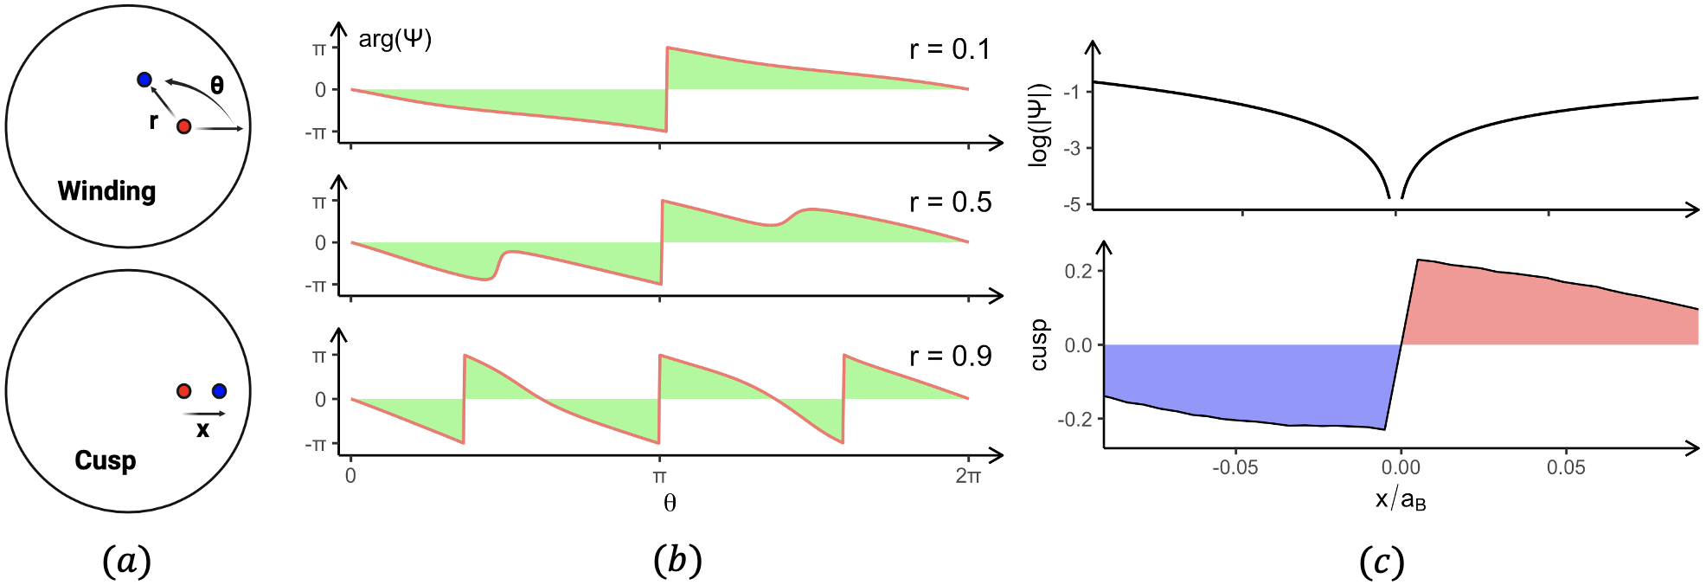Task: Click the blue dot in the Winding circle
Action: pos(144,80)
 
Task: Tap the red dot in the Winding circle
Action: pos(183,126)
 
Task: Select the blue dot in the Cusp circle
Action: pos(219,391)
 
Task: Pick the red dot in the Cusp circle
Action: pos(183,391)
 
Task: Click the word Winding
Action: pos(106,190)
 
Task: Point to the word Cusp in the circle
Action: pos(105,460)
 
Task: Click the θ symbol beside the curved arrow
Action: pos(217,85)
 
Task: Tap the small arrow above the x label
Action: pos(204,414)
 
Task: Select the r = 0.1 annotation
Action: pos(949,49)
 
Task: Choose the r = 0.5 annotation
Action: pos(949,202)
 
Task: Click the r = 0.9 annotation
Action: pos(949,356)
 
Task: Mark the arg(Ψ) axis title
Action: pos(394,39)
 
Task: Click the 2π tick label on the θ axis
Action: pos(968,476)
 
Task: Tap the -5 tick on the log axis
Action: pos(1072,205)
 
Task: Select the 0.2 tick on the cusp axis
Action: pos(1078,271)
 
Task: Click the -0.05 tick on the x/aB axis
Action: pos(1235,468)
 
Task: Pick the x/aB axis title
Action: pos(1400,499)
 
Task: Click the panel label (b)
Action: pos(677,561)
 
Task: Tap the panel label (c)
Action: pos(1381,562)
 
